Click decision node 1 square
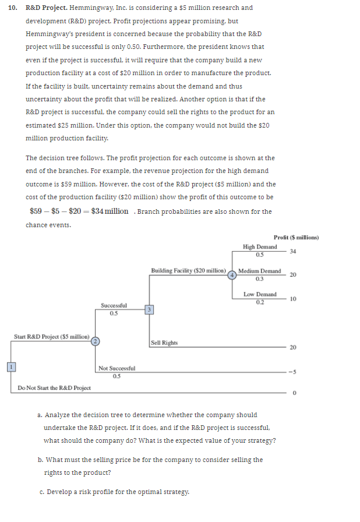10,366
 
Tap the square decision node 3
149,309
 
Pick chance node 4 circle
232,274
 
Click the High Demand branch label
260,247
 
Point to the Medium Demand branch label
260,271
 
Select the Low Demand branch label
260,294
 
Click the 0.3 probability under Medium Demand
260,278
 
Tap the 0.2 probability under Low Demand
260,301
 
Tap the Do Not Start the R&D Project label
54,388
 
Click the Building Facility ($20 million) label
188,271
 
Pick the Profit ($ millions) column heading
296,237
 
